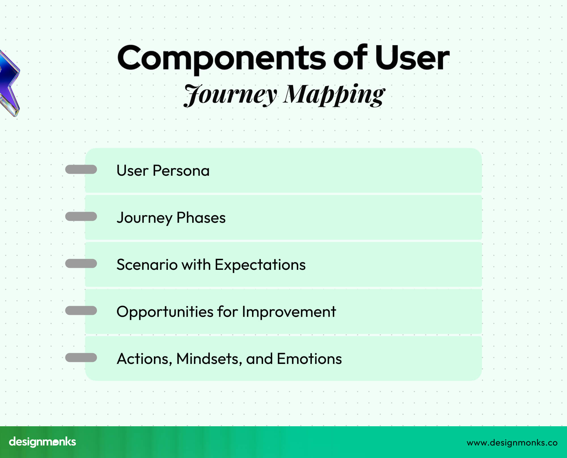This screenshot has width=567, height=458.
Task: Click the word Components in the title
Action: tap(221, 58)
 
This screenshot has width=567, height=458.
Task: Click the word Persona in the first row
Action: tap(181, 171)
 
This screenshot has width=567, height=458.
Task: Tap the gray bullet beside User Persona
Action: tap(81, 169)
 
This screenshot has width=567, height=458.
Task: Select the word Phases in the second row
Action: tap(201, 218)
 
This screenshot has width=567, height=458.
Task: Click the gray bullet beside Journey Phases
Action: tap(81, 217)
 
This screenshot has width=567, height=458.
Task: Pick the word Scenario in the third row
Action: tap(147, 265)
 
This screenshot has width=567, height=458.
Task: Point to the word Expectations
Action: tap(260, 265)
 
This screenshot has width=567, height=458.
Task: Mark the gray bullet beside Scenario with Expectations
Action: tap(81, 264)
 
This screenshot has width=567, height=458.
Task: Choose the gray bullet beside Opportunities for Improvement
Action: tap(81, 311)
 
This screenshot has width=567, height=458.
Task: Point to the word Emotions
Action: tap(309, 359)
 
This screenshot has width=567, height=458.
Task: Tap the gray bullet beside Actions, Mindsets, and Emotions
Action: tap(81, 358)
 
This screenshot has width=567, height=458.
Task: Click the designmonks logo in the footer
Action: tap(43, 442)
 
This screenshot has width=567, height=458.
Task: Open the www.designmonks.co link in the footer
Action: tap(512, 443)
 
